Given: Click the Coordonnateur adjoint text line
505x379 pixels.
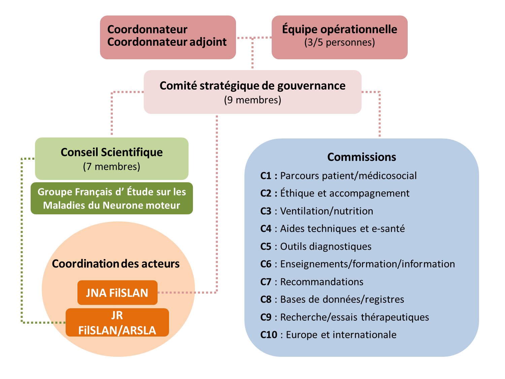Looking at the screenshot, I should tap(167, 42).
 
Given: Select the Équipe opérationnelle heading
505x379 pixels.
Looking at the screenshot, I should tap(339, 29).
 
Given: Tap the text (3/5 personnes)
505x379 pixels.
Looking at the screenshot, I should tap(339, 42).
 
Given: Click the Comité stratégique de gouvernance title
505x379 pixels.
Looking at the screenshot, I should tap(252, 86).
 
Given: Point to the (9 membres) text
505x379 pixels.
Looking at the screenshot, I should tap(252, 100).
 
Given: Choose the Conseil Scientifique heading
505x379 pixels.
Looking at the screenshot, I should tap(111, 152).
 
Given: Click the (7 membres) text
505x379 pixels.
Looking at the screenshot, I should tap(111, 166).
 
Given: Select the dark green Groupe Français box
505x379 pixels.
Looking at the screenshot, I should tap(111, 198).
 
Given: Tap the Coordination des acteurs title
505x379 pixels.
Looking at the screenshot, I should tap(115, 263).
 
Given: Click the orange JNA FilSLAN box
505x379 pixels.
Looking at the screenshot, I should tap(117, 293).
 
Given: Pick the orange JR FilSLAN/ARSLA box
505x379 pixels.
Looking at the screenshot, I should tap(117, 323).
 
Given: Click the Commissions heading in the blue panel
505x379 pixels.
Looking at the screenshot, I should tap(362, 157).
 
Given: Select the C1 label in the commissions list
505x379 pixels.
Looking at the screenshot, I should tap(266, 176).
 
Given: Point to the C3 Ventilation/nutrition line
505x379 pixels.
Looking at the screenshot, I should tap(316, 211).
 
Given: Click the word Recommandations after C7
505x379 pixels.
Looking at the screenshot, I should tap(322, 282).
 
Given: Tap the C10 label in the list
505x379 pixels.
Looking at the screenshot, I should tap(269, 335).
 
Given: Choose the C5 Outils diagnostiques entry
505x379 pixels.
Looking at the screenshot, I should tap(316, 247).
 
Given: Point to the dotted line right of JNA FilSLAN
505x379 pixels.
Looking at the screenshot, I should tap(187, 292).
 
